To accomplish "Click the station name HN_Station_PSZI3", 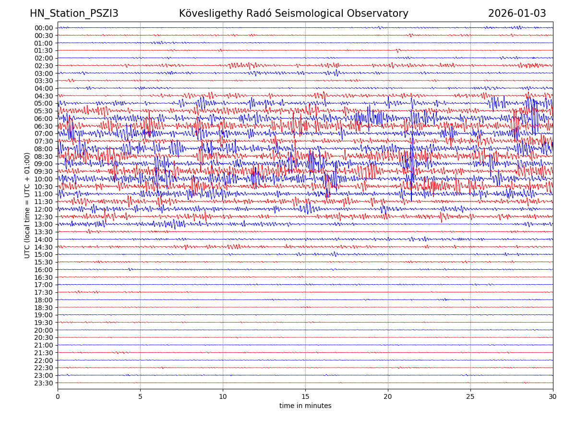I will pyautogui.click(x=74, y=13).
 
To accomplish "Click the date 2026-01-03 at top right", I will pyautogui.click(x=517, y=13).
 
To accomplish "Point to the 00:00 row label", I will pyautogui.click(x=44, y=28).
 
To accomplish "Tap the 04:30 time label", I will pyautogui.click(x=44, y=96).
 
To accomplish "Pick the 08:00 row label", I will pyautogui.click(x=44, y=149).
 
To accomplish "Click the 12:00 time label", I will pyautogui.click(x=44, y=209).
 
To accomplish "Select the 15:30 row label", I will pyautogui.click(x=44, y=262).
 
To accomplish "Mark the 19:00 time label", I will pyautogui.click(x=44, y=315).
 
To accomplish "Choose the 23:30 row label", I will pyautogui.click(x=44, y=383).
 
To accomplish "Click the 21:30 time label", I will pyautogui.click(x=44, y=353).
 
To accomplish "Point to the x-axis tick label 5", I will pyautogui.click(x=140, y=396).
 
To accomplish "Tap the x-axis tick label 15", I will pyautogui.click(x=305, y=396).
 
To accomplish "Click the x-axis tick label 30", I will pyautogui.click(x=553, y=396).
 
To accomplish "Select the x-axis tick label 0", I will pyautogui.click(x=58, y=396).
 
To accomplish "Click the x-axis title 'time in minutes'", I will pyautogui.click(x=305, y=406).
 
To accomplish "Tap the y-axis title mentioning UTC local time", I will pyautogui.click(x=27, y=205).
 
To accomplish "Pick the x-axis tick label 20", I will pyautogui.click(x=388, y=396).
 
